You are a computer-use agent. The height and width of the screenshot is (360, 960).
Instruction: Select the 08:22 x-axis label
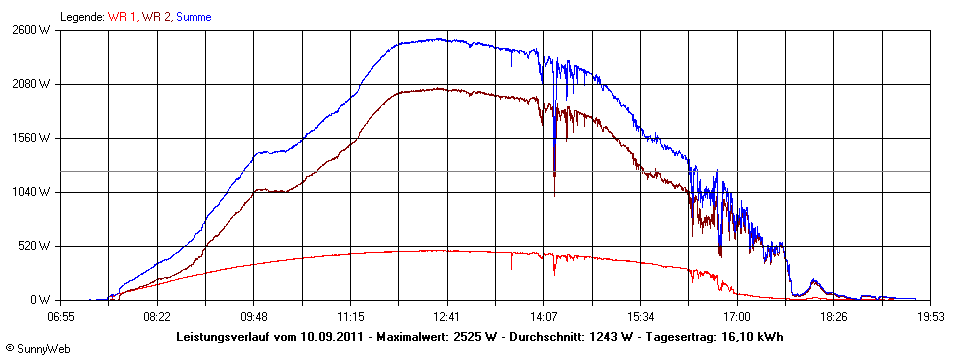coord(157,317)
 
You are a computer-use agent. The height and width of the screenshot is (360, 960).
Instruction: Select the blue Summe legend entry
coord(192,17)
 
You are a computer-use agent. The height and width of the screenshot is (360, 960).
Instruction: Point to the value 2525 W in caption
coord(475,337)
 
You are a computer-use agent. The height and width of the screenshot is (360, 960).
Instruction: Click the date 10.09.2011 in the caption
coord(335,337)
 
